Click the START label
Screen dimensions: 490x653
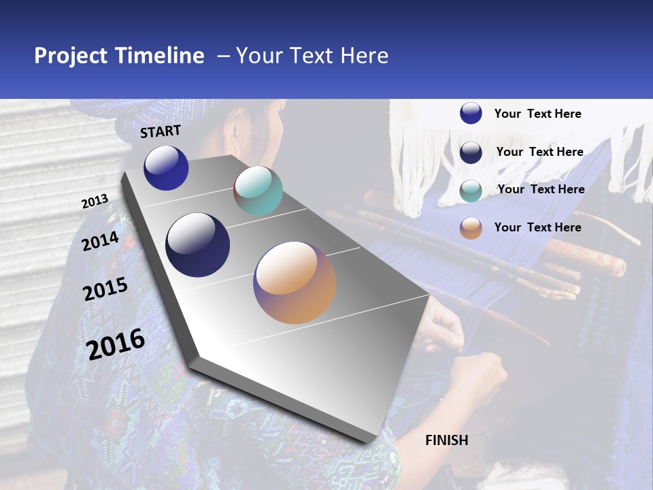pos(161,131)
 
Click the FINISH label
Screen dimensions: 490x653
pos(447,440)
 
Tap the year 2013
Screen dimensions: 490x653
pos(95,201)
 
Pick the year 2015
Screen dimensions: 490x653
pos(105,289)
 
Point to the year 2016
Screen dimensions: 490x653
pos(116,344)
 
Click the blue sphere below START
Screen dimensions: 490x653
pos(166,168)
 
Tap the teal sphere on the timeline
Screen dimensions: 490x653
pos(258,191)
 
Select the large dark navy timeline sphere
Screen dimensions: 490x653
pos(198,245)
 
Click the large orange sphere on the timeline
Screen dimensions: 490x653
pos(295,282)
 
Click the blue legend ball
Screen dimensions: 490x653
pos(471,113)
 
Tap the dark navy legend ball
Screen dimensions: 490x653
pos(471,152)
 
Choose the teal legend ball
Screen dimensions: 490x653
pos(471,191)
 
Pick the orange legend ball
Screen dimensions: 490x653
pos(471,228)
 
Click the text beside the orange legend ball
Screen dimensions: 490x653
pos(537,227)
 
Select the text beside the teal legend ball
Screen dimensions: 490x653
pos(541,189)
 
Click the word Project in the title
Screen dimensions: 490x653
pos(71,56)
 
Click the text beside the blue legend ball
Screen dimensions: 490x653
pos(537,114)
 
